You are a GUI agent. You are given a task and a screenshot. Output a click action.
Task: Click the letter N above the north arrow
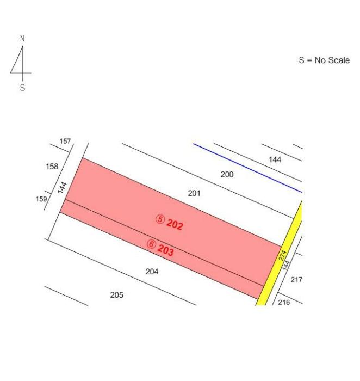point(22,39)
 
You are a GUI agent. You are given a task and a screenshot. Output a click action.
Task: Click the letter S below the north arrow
point(23,88)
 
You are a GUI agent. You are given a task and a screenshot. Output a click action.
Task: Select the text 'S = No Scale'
point(324,60)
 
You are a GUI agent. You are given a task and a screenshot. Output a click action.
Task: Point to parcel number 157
point(65,141)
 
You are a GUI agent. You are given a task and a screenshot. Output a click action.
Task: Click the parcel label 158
point(52,167)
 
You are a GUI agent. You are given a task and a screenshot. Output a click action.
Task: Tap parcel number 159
point(41,199)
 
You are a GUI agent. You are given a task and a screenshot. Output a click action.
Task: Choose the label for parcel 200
point(227,175)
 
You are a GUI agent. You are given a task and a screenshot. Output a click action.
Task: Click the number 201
point(194,193)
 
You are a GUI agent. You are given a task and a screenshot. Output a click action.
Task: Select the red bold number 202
point(175,224)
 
